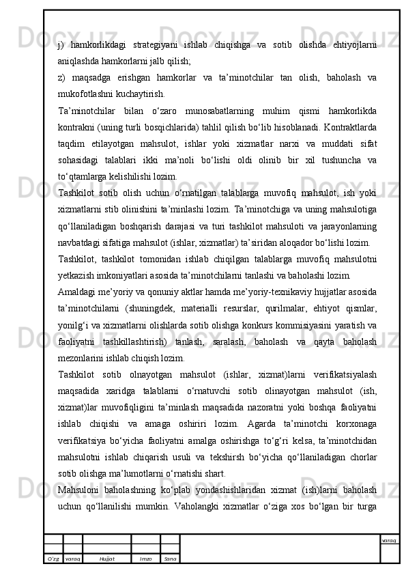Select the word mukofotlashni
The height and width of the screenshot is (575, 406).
[x=87, y=93]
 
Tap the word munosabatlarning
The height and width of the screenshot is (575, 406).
[x=224, y=109]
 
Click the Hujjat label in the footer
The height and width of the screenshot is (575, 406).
[x=106, y=559]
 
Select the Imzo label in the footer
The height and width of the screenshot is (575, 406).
[x=145, y=559]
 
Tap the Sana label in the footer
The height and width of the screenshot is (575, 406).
[x=170, y=559]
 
